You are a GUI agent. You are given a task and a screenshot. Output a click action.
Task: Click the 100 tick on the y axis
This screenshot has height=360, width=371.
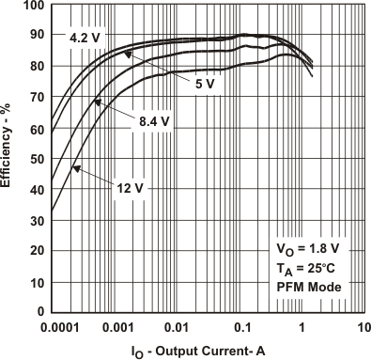pyautogui.click(x=34, y=6)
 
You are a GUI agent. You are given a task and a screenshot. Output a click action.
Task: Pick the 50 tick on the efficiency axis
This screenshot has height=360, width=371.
pyautogui.click(x=37, y=159)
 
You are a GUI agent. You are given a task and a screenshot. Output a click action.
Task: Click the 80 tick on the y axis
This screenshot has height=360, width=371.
pyautogui.click(x=37, y=67)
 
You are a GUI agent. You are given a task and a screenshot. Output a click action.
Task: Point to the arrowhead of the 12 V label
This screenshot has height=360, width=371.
pyautogui.click(x=73, y=167)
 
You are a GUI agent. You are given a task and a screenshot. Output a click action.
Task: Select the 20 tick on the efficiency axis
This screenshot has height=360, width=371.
pyautogui.click(x=37, y=251)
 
